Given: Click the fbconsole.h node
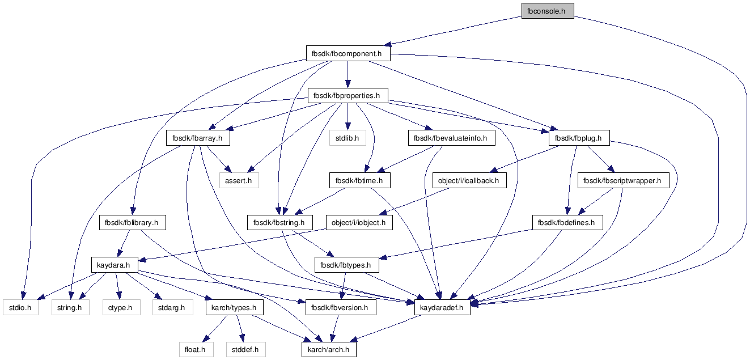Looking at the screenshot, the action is click(548, 11).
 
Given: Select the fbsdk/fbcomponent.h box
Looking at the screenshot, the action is click(348, 54).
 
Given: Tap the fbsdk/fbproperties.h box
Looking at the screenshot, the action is click(348, 96).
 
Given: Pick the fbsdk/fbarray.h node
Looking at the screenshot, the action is click(198, 138).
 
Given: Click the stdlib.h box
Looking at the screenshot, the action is click(348, 138).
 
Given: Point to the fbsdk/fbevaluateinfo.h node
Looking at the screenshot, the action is click(451, 138).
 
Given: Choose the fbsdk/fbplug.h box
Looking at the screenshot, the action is click(579, 138).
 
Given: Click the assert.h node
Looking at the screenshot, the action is click(239, 180).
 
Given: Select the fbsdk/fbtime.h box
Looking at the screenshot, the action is click(359, 180).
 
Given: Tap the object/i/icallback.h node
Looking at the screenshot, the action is click(469, 180).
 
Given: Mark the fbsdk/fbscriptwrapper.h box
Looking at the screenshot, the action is click(623, 180).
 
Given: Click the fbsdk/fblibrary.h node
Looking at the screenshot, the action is click(132, 223).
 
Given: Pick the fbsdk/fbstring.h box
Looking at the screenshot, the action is click(280, 223).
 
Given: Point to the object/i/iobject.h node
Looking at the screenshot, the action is click(359, 223).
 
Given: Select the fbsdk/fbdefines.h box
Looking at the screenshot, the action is click(567, 223).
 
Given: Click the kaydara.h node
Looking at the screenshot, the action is click(115, 265).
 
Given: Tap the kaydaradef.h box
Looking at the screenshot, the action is click(442, 308).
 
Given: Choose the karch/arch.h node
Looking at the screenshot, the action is click(329, 350).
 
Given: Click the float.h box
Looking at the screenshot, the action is click(196, 350).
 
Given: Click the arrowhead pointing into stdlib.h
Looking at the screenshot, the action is click(348, 126).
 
